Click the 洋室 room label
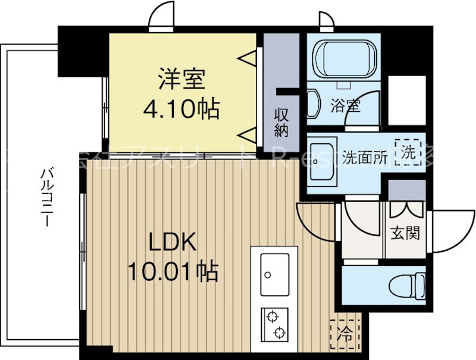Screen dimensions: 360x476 (181, 79)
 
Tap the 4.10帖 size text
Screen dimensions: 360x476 (181, 109)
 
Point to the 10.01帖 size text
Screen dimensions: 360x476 (172, 272)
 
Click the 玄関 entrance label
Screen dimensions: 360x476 (405, 232)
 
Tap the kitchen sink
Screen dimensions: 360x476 (274, 274)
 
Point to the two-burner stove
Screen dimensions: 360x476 (274, 325)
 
